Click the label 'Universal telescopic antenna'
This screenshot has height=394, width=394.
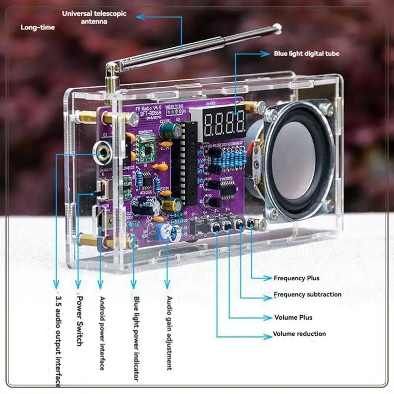click(94, 18)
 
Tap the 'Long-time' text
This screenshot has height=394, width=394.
click(37, 28)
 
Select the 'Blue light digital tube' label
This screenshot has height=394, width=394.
click(306, 54)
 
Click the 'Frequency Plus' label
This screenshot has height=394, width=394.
click(296, 278)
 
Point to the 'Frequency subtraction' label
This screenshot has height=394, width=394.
click(307, 295)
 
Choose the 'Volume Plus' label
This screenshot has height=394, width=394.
click(293, 318)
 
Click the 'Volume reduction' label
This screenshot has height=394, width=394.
click(299, 334)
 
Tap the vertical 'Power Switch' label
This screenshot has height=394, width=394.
click(79, 320)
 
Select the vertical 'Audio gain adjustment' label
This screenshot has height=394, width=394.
click(169, 333)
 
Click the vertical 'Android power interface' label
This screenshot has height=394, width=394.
click(102, 333)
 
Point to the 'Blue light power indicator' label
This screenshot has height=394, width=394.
click(136, 338)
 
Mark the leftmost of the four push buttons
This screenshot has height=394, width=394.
click(215, 227)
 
